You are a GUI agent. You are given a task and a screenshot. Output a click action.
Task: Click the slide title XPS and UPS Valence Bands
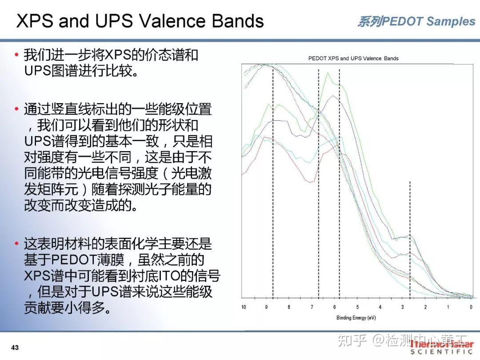tap(140, 21)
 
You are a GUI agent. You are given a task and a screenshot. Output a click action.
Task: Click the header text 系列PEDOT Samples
tap(416, 21)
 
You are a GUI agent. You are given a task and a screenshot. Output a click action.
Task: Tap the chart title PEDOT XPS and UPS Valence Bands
tap(353, 58)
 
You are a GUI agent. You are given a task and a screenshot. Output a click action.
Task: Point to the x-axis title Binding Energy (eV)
tap(356, 318)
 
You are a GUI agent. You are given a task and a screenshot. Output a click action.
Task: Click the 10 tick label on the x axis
tap(244, 307)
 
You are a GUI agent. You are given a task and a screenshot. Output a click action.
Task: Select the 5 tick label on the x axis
tap(357, 307)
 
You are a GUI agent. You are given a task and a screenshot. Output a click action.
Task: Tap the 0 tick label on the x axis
tap(471, 307)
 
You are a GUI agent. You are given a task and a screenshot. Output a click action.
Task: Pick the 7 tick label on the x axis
tap(312, 307)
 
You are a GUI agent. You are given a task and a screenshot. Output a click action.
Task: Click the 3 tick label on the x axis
tap(403, 307)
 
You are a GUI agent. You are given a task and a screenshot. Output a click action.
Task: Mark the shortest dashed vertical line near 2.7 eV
tap(410, 240)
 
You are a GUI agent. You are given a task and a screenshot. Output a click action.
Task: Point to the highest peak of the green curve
tap(328, 73)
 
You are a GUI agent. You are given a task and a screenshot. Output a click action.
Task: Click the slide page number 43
tap(15, 348)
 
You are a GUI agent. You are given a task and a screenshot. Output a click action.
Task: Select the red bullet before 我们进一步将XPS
tap(16, 55)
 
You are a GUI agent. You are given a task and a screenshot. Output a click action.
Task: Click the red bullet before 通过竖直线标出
tap(16, 109)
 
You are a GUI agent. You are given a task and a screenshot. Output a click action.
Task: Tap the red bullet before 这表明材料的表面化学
tap(16, 244)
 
